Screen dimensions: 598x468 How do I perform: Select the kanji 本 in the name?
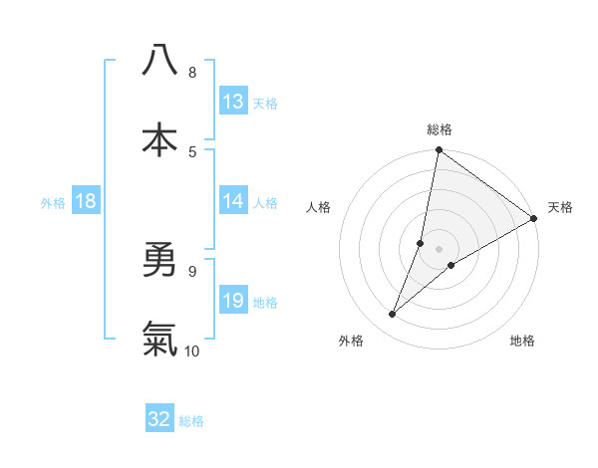[x=159, y=139]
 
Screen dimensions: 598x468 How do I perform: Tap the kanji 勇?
[x=159, y=260]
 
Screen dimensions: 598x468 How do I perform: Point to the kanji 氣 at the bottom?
[x=159, y=340]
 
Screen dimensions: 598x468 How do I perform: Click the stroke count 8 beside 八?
[x=192, y=72]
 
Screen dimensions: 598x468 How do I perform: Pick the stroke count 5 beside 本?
[x=192, y=151]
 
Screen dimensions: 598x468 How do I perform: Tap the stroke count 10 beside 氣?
[x=192, y=351]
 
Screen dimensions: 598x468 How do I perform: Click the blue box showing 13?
[x=233, y=102]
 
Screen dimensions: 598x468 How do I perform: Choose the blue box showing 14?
[x=233, y=201]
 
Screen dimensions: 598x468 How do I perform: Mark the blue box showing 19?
[x=233, y=301]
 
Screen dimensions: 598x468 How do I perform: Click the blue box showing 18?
[x=86, y=201]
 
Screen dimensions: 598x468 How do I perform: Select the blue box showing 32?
[x=159, y=419]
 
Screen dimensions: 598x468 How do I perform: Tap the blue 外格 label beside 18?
[x=53, y=202]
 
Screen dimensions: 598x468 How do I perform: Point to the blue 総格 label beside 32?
[x=191, y=420]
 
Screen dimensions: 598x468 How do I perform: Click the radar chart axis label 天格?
[x=560, y=207]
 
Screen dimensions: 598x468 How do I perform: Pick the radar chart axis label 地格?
[x=522, y=341]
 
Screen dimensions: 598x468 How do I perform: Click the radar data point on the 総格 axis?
[x=439, y=151]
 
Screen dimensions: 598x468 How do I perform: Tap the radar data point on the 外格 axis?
[x=393, y=315]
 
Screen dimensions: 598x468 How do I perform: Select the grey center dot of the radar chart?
[x=439, y=249]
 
